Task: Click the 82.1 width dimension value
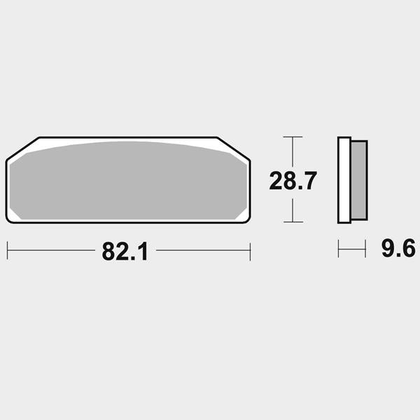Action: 125,251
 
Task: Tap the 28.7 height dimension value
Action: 293,181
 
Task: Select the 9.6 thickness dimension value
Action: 398,248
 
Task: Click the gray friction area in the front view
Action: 128,181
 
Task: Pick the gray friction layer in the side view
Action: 359,180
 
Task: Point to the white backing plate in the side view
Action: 344,180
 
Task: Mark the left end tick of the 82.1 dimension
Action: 8,251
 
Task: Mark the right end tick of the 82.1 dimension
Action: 250,251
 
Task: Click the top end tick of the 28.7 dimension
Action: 293,137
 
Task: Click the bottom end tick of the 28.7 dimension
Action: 293,222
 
